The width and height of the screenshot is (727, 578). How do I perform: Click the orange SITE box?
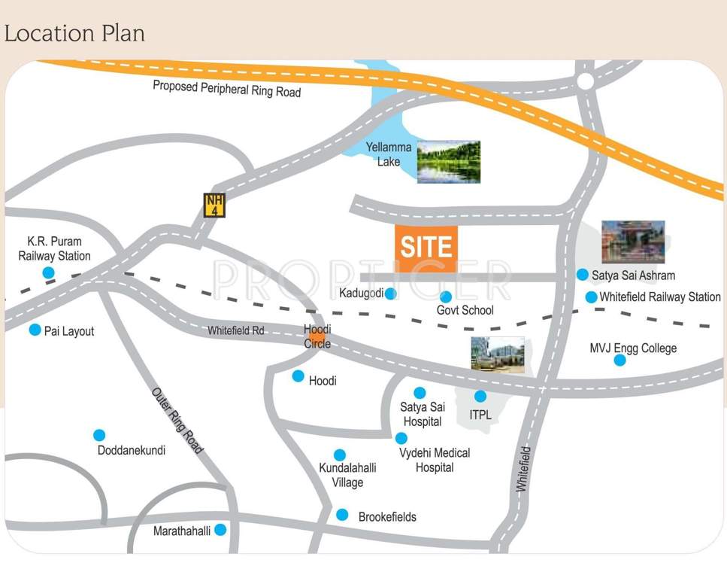pos(426,248)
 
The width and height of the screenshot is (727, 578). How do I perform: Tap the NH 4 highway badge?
pos(215,205)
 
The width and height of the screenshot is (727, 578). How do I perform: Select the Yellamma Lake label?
pos(389,154)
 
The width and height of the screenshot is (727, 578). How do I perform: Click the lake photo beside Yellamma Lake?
pos(449,162)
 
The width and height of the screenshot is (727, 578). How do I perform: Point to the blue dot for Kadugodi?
pos(390,294)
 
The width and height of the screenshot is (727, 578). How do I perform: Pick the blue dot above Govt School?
pos(446,297)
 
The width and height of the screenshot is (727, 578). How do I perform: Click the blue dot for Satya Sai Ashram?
pos(582,275)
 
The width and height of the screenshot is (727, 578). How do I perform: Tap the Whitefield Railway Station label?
pos(659,297)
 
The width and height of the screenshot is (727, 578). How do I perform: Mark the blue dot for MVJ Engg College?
pos(619,360)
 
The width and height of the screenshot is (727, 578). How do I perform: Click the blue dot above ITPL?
pos(480,397)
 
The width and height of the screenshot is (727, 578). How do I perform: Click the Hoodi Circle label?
pos(317,336)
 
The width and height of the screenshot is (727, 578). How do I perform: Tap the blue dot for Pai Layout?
pos(35,330)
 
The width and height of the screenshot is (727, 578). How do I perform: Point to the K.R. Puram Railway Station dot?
pos(48,272)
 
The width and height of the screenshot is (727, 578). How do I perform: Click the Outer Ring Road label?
pos(177,421)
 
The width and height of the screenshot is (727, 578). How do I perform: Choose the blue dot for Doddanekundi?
pos(99,435)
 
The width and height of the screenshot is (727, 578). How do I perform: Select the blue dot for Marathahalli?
pos(220,530)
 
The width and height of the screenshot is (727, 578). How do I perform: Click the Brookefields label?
pos(387,517)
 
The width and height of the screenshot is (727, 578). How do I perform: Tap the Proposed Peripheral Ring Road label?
pos(226,89)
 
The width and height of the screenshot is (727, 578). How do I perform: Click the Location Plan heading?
pos(74,33)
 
